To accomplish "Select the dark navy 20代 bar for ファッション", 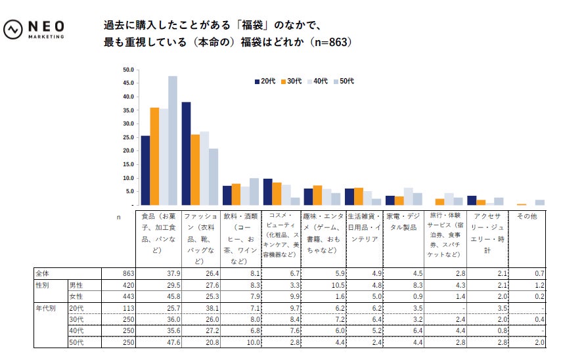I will click(x=187, y=154).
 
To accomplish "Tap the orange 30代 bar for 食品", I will click(x=154, y=156).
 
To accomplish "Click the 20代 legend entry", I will click(x=265, y=81).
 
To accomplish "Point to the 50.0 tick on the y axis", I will click(x=128, y=70).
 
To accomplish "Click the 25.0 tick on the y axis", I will click(x=128, y=137).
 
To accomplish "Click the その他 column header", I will click(x=526, y=215).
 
